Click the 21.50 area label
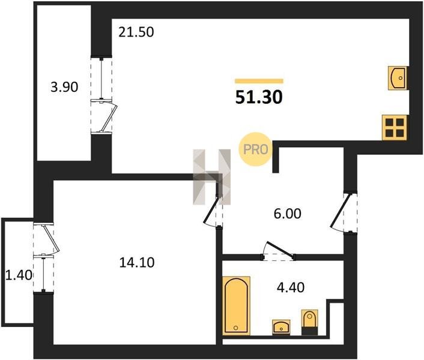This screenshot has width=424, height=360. tap(136, 32)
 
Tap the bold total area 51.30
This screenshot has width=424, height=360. tap(259, 97)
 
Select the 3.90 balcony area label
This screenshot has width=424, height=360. tap(64, 87)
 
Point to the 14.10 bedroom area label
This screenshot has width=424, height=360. tap(137, 262)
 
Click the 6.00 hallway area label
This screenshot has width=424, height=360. tap(288, 214)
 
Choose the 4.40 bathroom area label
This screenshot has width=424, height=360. tap(291, 287)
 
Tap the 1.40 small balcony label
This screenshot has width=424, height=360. tap(19, 275)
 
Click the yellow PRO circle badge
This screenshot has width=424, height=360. tap(255, 149)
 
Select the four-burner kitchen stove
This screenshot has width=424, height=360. tap(395, 127)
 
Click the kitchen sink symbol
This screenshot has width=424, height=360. tap(398, 78)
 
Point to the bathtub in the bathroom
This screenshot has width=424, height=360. tap(236, 306)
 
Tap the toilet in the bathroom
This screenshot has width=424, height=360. tap(310, 322)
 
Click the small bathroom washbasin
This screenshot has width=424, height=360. tap(281, 327)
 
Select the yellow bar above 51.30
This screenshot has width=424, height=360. tap(259, 81)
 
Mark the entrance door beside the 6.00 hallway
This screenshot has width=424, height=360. tap(344, 212)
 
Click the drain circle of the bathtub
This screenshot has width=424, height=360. tap(236, 328)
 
